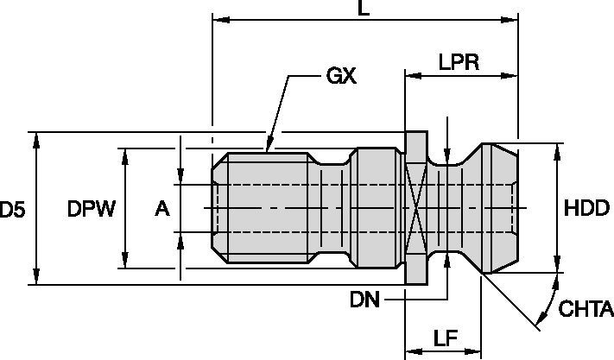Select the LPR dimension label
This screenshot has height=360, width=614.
459,62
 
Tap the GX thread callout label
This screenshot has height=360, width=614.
341,77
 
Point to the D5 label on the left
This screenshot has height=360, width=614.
12,209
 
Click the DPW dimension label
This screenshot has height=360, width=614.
91,209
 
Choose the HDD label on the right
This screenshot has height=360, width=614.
587,209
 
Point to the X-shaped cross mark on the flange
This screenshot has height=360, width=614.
416,209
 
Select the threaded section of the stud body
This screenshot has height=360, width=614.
263,209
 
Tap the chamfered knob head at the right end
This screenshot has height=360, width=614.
497,209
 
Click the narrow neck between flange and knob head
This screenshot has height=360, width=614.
447,209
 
